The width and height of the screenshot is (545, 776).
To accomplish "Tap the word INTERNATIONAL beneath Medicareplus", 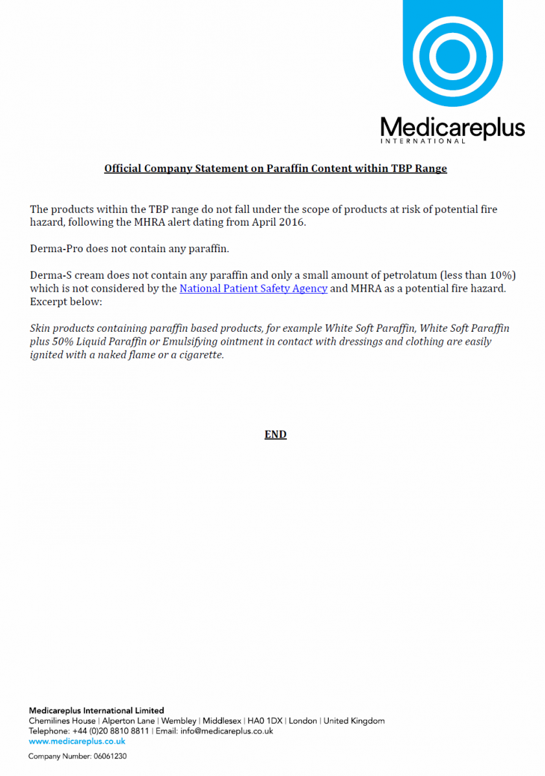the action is pos(423,141).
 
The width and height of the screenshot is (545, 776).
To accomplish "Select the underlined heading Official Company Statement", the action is pos(276,169).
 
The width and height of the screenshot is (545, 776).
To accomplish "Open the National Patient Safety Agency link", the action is pos(253,288).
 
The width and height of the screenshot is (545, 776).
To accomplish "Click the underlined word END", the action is pos(275,435).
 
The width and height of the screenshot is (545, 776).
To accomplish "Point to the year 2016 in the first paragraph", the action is pos(294,222).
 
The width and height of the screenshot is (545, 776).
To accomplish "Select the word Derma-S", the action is pos(52,275).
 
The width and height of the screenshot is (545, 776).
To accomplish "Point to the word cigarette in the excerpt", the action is pos(202,355).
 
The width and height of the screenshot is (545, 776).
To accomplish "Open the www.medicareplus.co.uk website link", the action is pos(68,741).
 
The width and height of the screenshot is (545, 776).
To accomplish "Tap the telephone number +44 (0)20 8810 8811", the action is pos(110,731).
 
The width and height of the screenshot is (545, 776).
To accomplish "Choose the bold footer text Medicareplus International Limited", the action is pos(96,710).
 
